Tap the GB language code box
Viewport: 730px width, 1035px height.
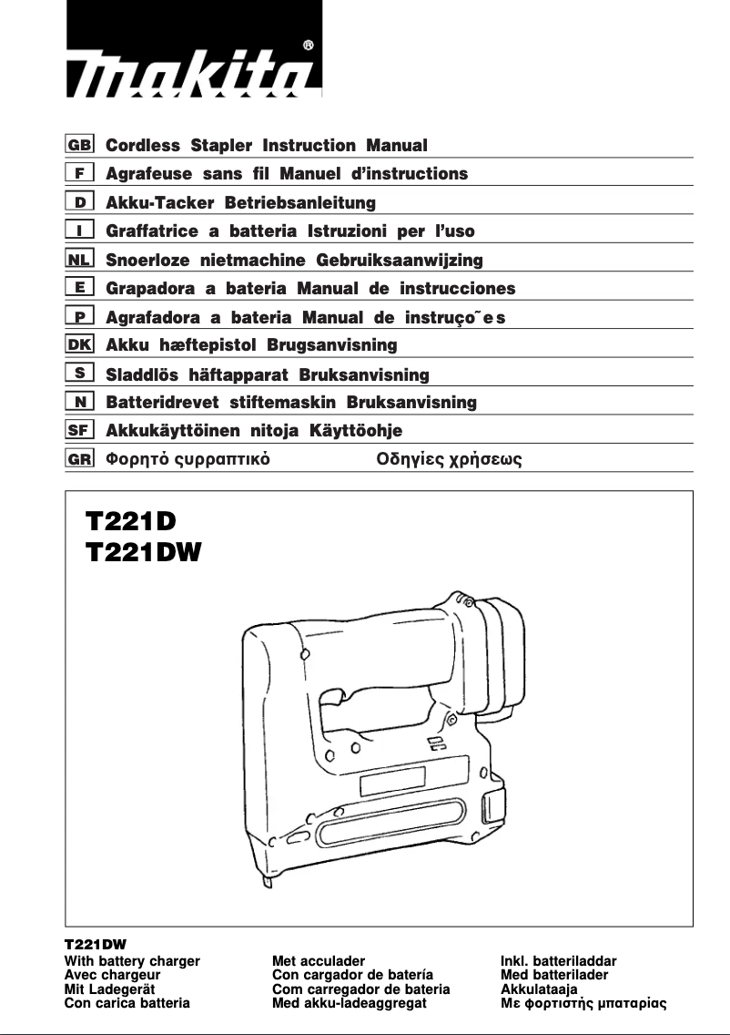[79, 144]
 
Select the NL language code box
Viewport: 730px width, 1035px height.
[79, 259]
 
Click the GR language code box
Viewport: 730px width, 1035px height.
[79, 458]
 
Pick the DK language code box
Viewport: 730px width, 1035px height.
[79, 344]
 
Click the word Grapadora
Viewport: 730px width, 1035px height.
[150, 289]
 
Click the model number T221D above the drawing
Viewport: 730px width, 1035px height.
[129, 521]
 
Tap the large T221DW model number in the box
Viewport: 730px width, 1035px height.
[143, 552]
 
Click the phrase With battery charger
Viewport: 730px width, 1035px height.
[132, 961]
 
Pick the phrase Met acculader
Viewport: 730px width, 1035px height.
[319, 961]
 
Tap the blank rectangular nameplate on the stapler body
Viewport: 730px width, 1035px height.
[392, 781]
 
